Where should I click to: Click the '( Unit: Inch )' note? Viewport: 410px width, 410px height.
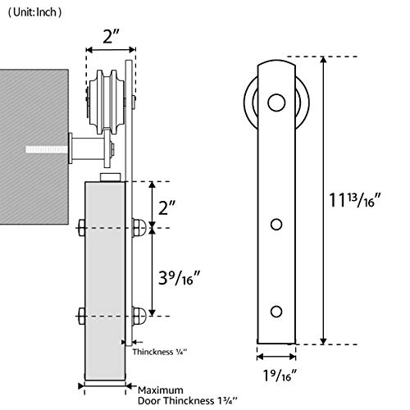(34, 12)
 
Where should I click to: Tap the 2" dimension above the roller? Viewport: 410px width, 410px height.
(112, 37)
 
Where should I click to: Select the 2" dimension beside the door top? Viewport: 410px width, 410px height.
(166, 207)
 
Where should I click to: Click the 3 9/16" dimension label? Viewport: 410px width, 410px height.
(180, 278)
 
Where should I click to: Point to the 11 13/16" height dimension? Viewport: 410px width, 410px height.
(355, 200)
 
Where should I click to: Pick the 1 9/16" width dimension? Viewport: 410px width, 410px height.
(280, 375)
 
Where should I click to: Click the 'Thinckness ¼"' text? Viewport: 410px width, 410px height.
(160, 352)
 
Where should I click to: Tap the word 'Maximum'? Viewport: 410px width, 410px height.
(161, 390)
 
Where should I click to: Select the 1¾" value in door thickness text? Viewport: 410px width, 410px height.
(226, 401)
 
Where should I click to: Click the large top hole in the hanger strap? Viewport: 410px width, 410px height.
(276, 102)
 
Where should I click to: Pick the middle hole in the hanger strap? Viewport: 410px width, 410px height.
(276, 225)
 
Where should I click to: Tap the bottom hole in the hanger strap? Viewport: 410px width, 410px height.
(276, 312)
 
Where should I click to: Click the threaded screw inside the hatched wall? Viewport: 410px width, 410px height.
(47, 149)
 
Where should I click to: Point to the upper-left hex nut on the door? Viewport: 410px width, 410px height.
(81, 228)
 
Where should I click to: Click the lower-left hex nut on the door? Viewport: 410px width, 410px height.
(81, 316)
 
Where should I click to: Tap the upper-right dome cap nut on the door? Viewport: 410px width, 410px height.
(139, 228)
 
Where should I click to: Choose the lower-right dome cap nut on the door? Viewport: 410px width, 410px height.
(139, 316)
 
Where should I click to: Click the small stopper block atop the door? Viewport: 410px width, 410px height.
(111, 177)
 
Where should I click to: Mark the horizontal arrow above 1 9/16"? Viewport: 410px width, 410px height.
(276, 357)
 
